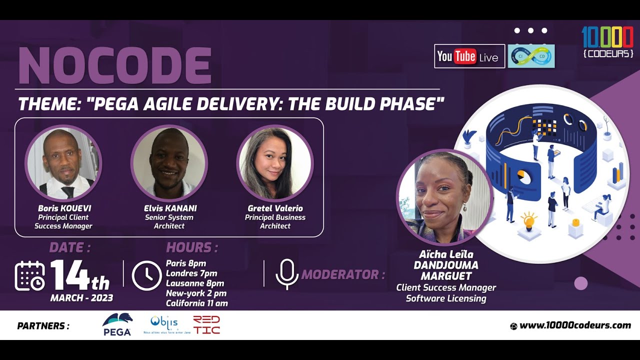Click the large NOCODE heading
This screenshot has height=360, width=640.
(114, 65)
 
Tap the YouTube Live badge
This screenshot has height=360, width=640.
(469, 56)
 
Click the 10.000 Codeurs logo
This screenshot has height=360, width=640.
(607, 41)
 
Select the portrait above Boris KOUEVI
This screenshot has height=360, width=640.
(63, 163)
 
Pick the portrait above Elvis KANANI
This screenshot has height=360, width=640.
(169, 163)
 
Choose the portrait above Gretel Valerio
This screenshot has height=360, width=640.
(275, 163)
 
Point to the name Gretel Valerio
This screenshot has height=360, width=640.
(275, 208)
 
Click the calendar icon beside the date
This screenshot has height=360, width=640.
(30, 275)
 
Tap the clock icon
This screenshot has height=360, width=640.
(146, 275)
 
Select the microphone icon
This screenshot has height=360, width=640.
(286, 274)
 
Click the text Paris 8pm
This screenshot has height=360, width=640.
(186, 263)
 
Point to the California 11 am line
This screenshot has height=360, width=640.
(196, 303)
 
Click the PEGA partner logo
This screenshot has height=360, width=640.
(117, 325)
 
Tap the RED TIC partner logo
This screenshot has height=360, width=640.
(206, 325)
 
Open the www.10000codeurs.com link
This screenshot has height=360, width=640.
(575, 325)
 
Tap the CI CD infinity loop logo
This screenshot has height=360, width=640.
(531, 56)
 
